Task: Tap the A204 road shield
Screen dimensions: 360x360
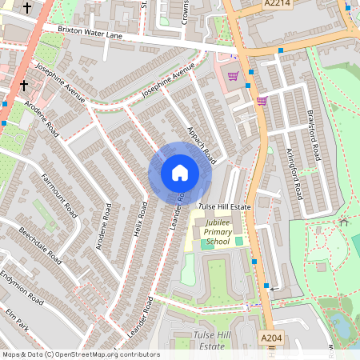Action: click(x=272, y=339)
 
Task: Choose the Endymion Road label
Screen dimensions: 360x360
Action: click(x=22, y=286)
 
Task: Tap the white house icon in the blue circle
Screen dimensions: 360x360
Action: click(x=180, y=173)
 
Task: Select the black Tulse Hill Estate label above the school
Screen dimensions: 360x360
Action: click(x=225, y=206)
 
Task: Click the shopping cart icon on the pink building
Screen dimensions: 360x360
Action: click(x=233, y=77)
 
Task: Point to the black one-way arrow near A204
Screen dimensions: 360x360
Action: click(x=275, y=287)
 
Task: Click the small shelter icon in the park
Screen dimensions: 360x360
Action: click(x=344, y=221)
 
